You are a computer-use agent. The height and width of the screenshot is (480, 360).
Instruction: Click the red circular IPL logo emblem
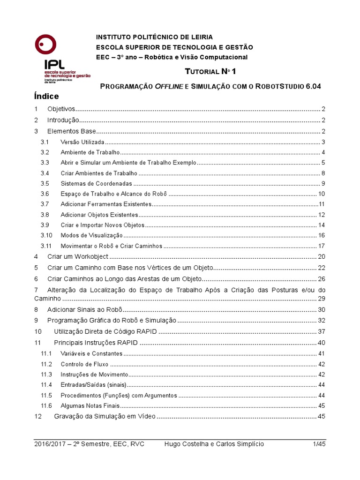pos(46,45)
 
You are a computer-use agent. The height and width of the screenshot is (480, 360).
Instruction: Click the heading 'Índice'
pos(46,97)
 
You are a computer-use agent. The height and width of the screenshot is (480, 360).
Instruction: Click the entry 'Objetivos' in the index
pos(62,109)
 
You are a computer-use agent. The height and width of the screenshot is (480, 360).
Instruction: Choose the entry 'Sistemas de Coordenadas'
pos(97,183)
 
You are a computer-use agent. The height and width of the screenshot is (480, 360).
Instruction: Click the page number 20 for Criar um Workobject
pos(321,256)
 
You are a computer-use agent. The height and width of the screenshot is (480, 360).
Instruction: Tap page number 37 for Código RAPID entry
pos(321,331)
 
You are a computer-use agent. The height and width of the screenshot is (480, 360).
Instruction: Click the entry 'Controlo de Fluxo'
pos(84,364)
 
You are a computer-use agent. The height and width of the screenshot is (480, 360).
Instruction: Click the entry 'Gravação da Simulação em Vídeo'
pos(105,416)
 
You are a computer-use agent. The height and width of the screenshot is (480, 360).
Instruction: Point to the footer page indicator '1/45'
pos(319,444)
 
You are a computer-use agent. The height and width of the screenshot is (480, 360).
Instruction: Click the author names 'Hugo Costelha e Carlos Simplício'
pos(215,444)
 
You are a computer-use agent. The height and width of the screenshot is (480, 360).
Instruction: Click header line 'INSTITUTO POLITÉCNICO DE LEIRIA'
pos(154,37)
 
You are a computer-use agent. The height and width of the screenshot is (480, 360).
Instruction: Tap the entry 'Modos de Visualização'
pos(91,235)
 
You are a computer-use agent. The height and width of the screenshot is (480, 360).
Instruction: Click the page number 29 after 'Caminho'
pos(321,299)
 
